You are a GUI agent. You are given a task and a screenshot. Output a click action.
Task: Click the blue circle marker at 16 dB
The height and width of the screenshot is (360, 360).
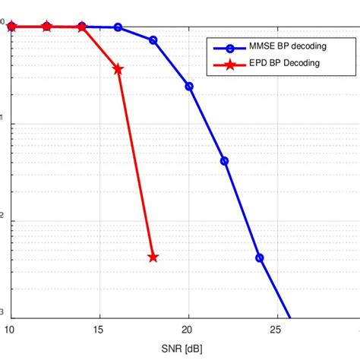[118, 27]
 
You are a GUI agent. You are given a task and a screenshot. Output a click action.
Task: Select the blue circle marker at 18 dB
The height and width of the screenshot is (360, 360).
[153, 39]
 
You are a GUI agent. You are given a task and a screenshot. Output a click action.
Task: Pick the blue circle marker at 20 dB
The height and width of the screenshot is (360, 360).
[189, 86]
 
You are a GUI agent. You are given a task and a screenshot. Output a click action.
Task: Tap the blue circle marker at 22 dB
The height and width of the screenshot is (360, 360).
[224, 161]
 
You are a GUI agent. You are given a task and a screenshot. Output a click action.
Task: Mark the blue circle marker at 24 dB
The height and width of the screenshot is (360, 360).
[260, 257]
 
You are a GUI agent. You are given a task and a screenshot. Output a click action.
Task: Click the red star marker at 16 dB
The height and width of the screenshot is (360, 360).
[118, 69]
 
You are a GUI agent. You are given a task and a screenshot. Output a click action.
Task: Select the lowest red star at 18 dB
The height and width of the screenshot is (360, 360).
[153, 257]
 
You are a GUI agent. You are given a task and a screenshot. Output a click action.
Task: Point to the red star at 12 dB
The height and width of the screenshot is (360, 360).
[47, 27]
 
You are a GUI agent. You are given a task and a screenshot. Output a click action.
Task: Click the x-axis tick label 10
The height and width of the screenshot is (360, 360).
[11, 330]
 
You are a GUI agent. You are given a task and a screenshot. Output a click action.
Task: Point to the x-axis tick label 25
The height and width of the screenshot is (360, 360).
[277, 330]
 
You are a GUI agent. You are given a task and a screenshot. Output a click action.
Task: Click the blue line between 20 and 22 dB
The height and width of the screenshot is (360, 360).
[207, 124]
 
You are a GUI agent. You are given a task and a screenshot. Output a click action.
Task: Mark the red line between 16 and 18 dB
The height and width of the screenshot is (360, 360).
[135, 163]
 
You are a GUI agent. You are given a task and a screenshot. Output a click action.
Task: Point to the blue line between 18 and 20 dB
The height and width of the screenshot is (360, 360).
[172, 63]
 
